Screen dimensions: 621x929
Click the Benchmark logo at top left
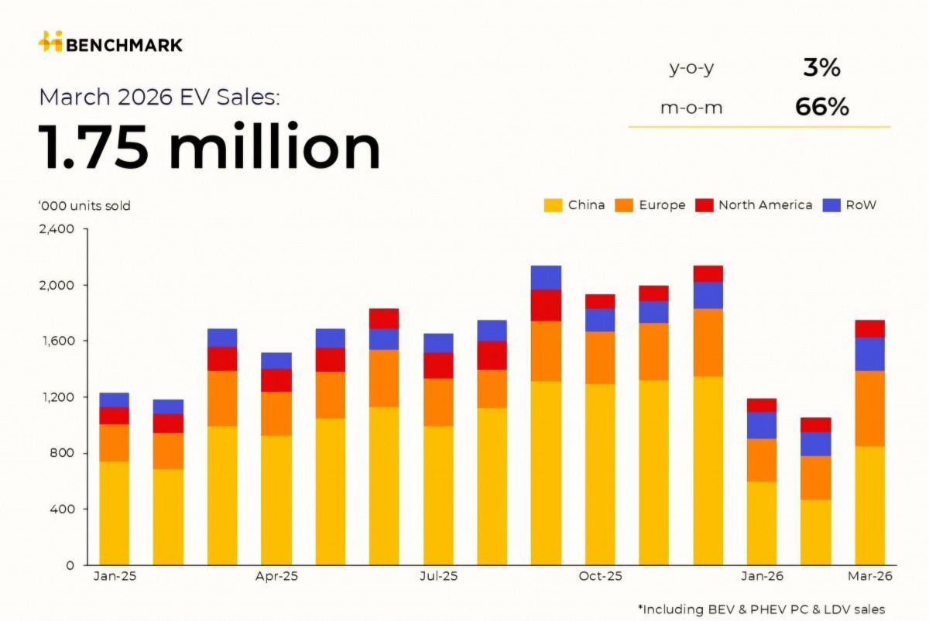tap(111, 43)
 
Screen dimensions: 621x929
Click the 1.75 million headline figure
tap(210, 148)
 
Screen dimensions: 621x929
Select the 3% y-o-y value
tap(821, 68)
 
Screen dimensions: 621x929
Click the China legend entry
tap(574, 205)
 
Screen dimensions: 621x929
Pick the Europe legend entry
tap(650, 205)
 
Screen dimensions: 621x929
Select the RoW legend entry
tap(850, 205)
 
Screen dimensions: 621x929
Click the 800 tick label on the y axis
tap(61, 453)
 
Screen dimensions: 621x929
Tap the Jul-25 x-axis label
tap(438, 577)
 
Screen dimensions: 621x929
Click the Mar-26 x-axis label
tap(869, 577)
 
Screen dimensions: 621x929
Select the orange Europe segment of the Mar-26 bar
tap(869, 408)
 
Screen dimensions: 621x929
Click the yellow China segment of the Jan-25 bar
tap(115, 513)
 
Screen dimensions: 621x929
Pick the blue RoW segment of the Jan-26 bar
tap(762, 425)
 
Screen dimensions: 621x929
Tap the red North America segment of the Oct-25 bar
tap(600, 301)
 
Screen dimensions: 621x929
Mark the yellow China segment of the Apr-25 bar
tap(276, 499)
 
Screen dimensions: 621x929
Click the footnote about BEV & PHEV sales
tap(761, 609)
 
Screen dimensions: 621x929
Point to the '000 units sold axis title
tap(84, 206)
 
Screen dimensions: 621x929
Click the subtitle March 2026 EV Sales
tap(159, 98)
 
